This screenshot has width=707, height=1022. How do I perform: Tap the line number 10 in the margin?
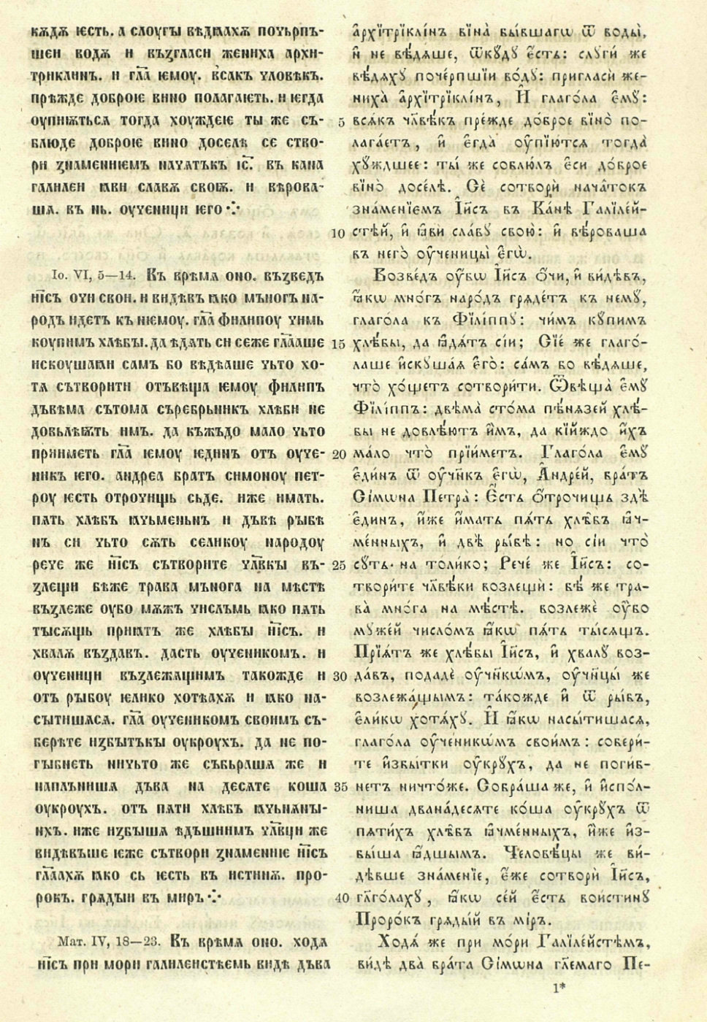point(337,234)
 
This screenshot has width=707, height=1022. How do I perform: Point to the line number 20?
point(337,455)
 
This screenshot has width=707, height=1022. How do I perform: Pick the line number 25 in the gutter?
point(337,565)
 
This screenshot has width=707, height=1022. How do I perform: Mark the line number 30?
point(337,677)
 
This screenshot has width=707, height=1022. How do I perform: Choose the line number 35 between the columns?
point(337,787)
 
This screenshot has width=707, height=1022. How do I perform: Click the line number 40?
point(337,898)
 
